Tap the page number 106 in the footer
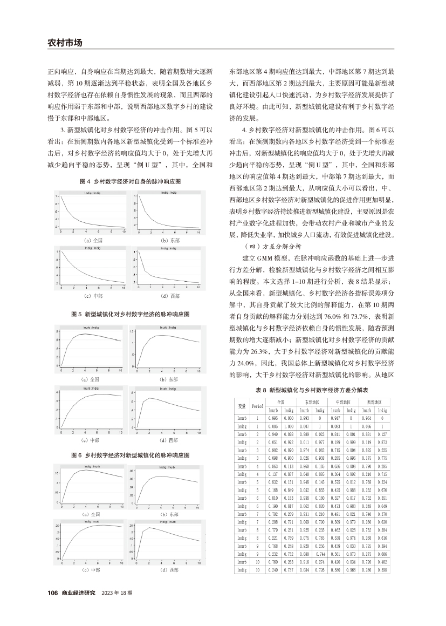52,593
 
